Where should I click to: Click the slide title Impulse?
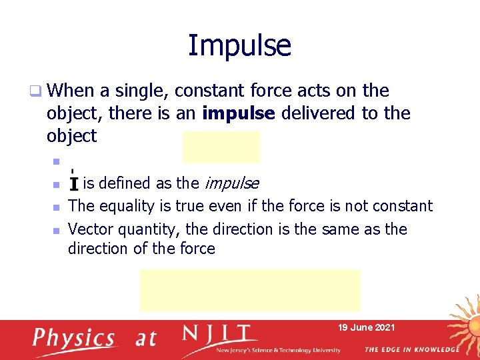pos(239,46)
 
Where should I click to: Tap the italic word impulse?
pos(231,183)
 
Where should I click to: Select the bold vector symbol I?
pos(74,183)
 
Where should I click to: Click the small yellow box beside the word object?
pos(221,147)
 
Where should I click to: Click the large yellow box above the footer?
pos(250,290)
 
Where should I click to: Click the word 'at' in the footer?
pos(145,339)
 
